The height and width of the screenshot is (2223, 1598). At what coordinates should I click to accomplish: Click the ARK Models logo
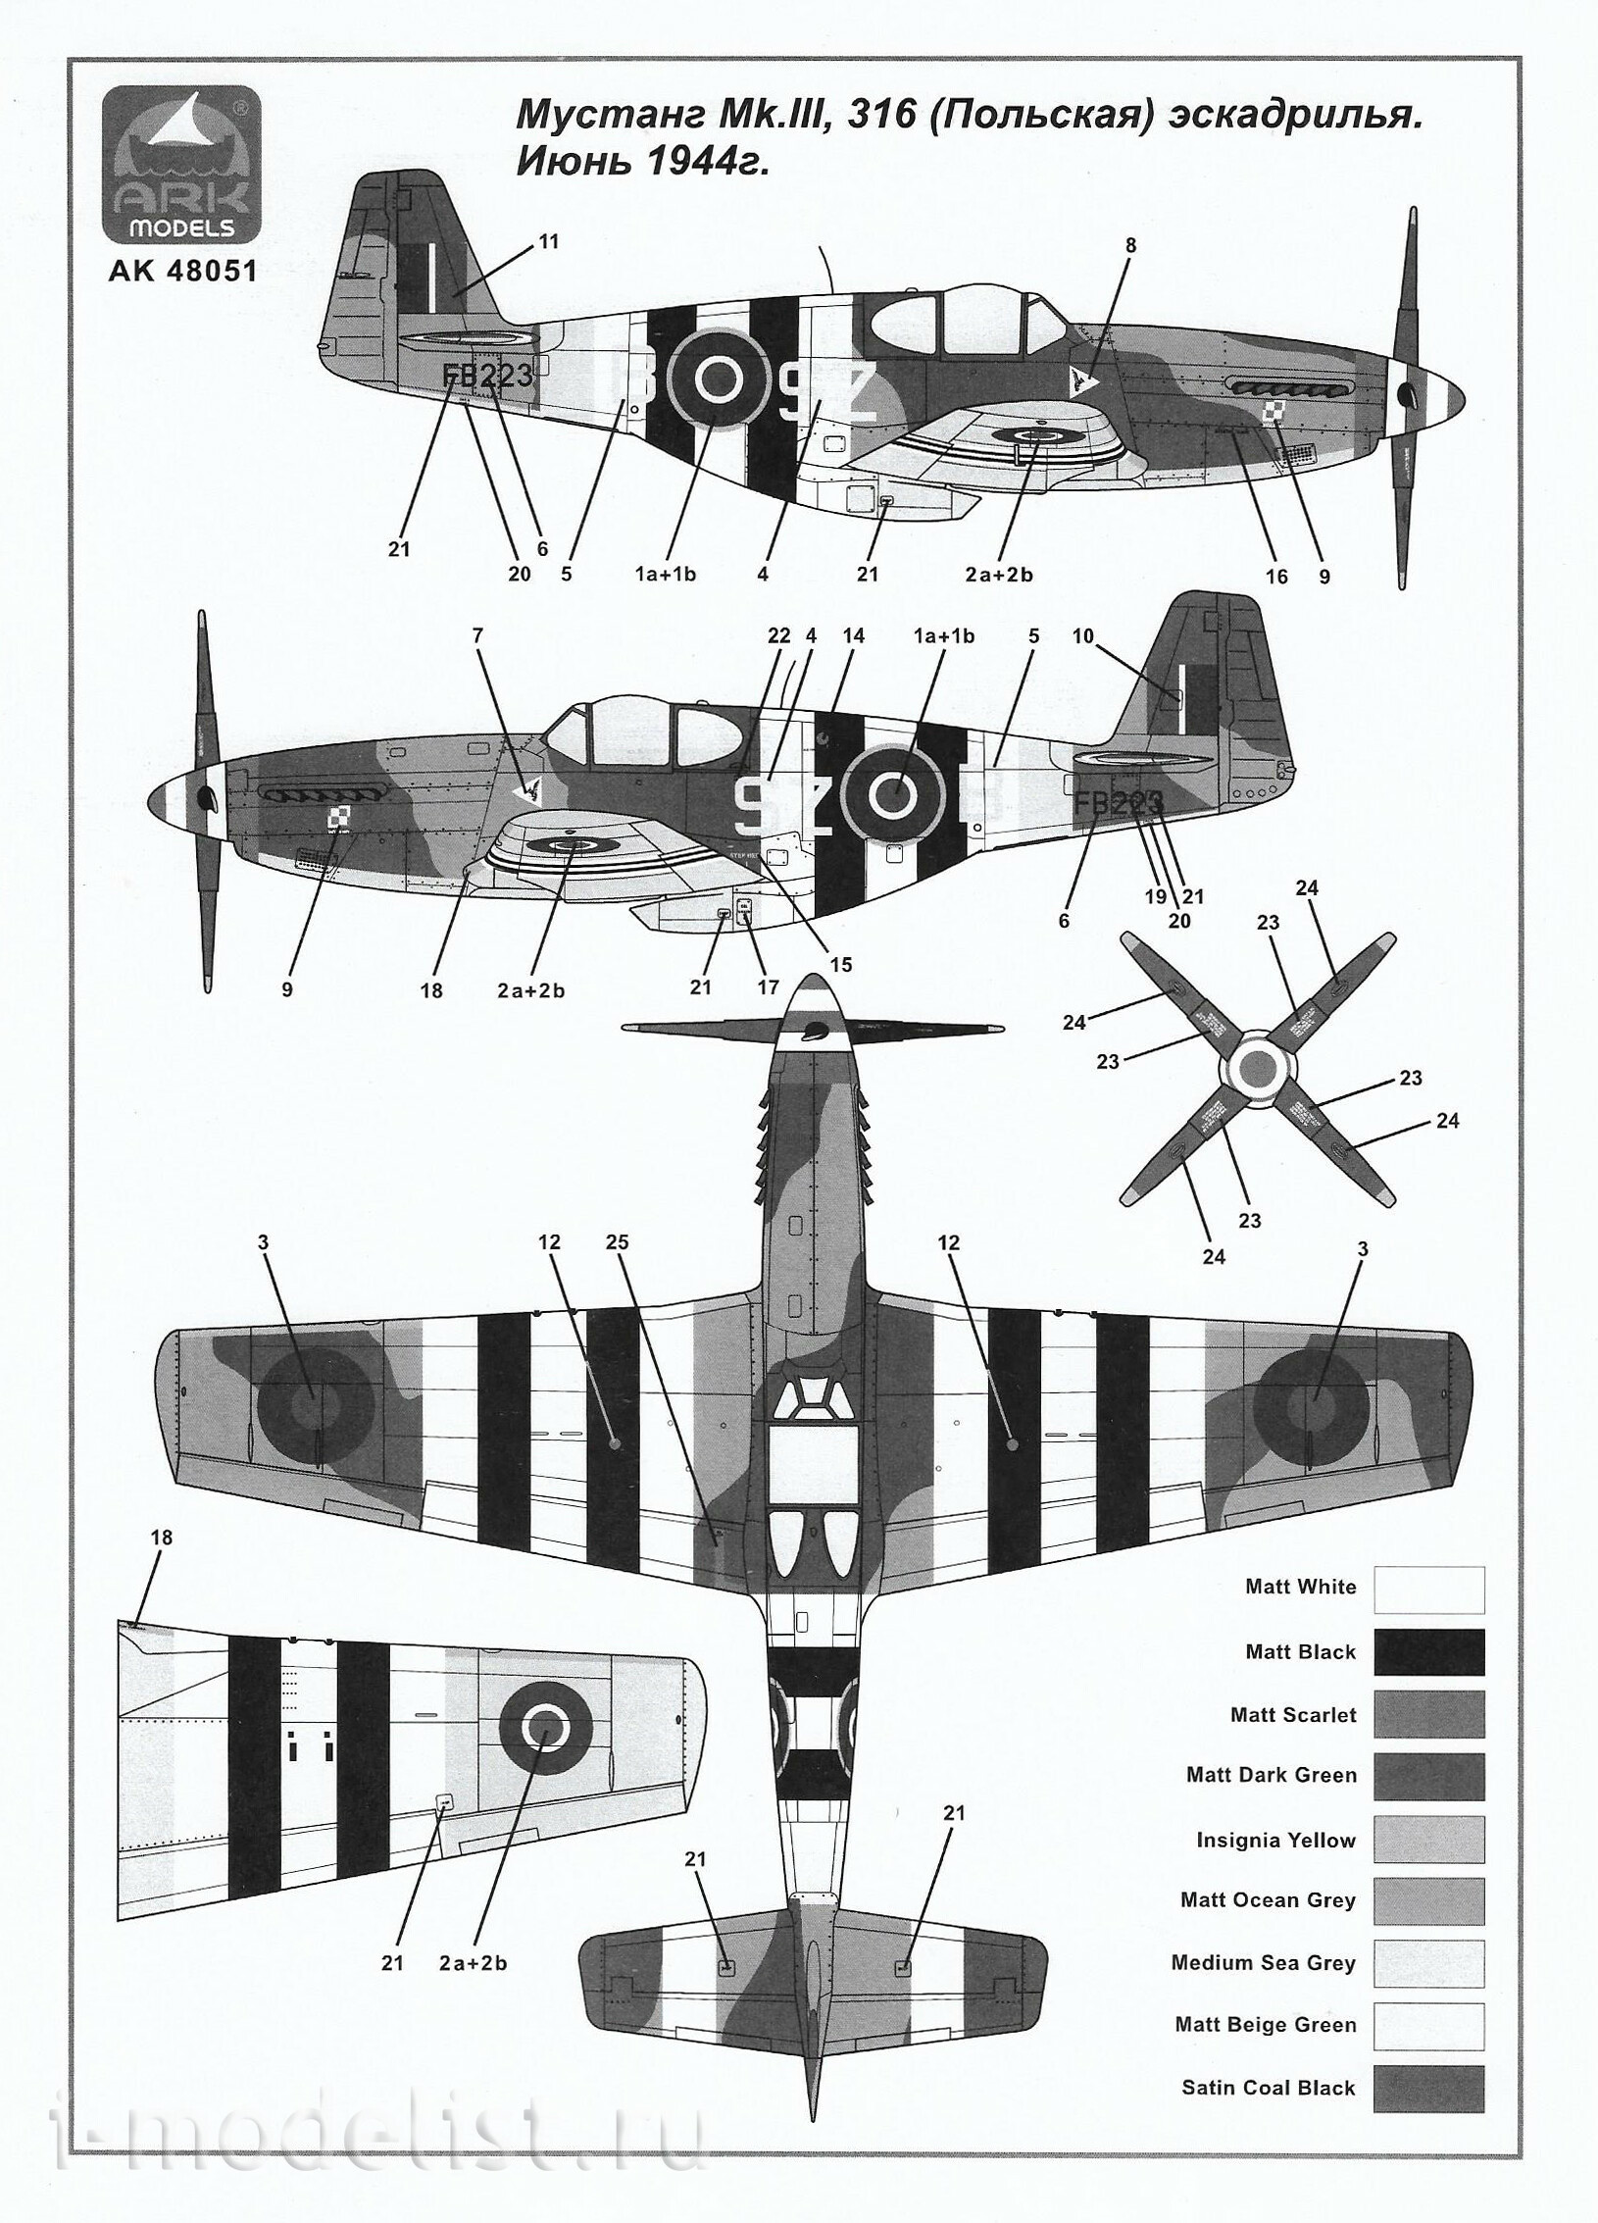(x=182, y=166)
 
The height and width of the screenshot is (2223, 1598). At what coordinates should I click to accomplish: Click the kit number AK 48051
(x=183, y=270)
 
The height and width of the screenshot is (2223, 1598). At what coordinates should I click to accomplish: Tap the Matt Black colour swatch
(x=1428, y=1652)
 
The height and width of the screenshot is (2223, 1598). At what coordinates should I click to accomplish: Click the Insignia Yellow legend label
(x=1275, y=1841)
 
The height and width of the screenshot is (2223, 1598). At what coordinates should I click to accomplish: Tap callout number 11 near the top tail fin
(x=549, y=241)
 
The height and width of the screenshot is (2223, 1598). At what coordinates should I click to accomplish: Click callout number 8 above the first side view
(x=1130, y=245)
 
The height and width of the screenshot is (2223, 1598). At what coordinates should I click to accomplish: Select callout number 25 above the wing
(x=617, y=1241)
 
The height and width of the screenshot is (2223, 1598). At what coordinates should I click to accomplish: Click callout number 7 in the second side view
(x=477, y=635)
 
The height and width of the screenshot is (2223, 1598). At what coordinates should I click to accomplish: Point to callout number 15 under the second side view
(x=840, y=965)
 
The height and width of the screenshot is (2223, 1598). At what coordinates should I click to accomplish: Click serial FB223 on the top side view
(x=487, y=376)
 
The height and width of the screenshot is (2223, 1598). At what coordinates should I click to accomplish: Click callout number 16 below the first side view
(x=1276, y=577)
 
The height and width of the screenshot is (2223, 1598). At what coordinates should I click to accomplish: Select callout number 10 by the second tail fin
(x=1082, y=636)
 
